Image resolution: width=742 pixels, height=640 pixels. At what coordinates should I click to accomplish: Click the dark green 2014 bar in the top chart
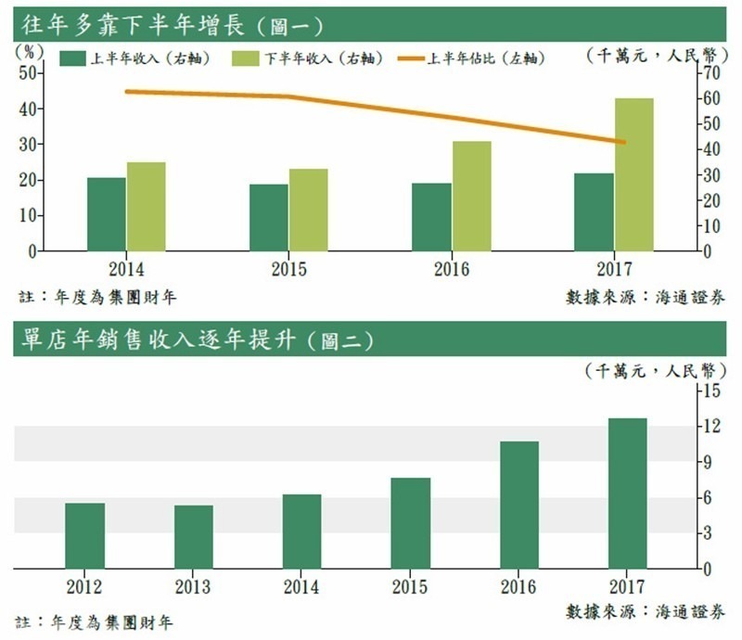pos(107,214)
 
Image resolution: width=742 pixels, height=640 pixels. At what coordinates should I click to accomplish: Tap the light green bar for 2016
pos(472,196)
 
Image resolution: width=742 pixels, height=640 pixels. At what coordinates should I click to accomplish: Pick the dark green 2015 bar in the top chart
pos(269,217)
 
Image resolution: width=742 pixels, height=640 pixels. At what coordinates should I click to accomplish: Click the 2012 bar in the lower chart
pos(84,535)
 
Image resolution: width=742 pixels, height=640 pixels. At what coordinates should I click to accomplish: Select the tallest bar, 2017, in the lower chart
pos(628,493)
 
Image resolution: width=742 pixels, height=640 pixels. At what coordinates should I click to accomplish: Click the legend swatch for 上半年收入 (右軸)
pos(73,58)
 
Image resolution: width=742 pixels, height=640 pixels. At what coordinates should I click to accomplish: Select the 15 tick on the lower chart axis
pos(710,390)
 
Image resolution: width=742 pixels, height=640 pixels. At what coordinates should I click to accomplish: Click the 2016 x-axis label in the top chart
pos(452,270)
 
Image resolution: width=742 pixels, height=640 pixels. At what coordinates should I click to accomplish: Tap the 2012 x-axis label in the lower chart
pos(84,587)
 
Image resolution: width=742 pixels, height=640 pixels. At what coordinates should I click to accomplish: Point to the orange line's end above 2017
pos(622,142)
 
